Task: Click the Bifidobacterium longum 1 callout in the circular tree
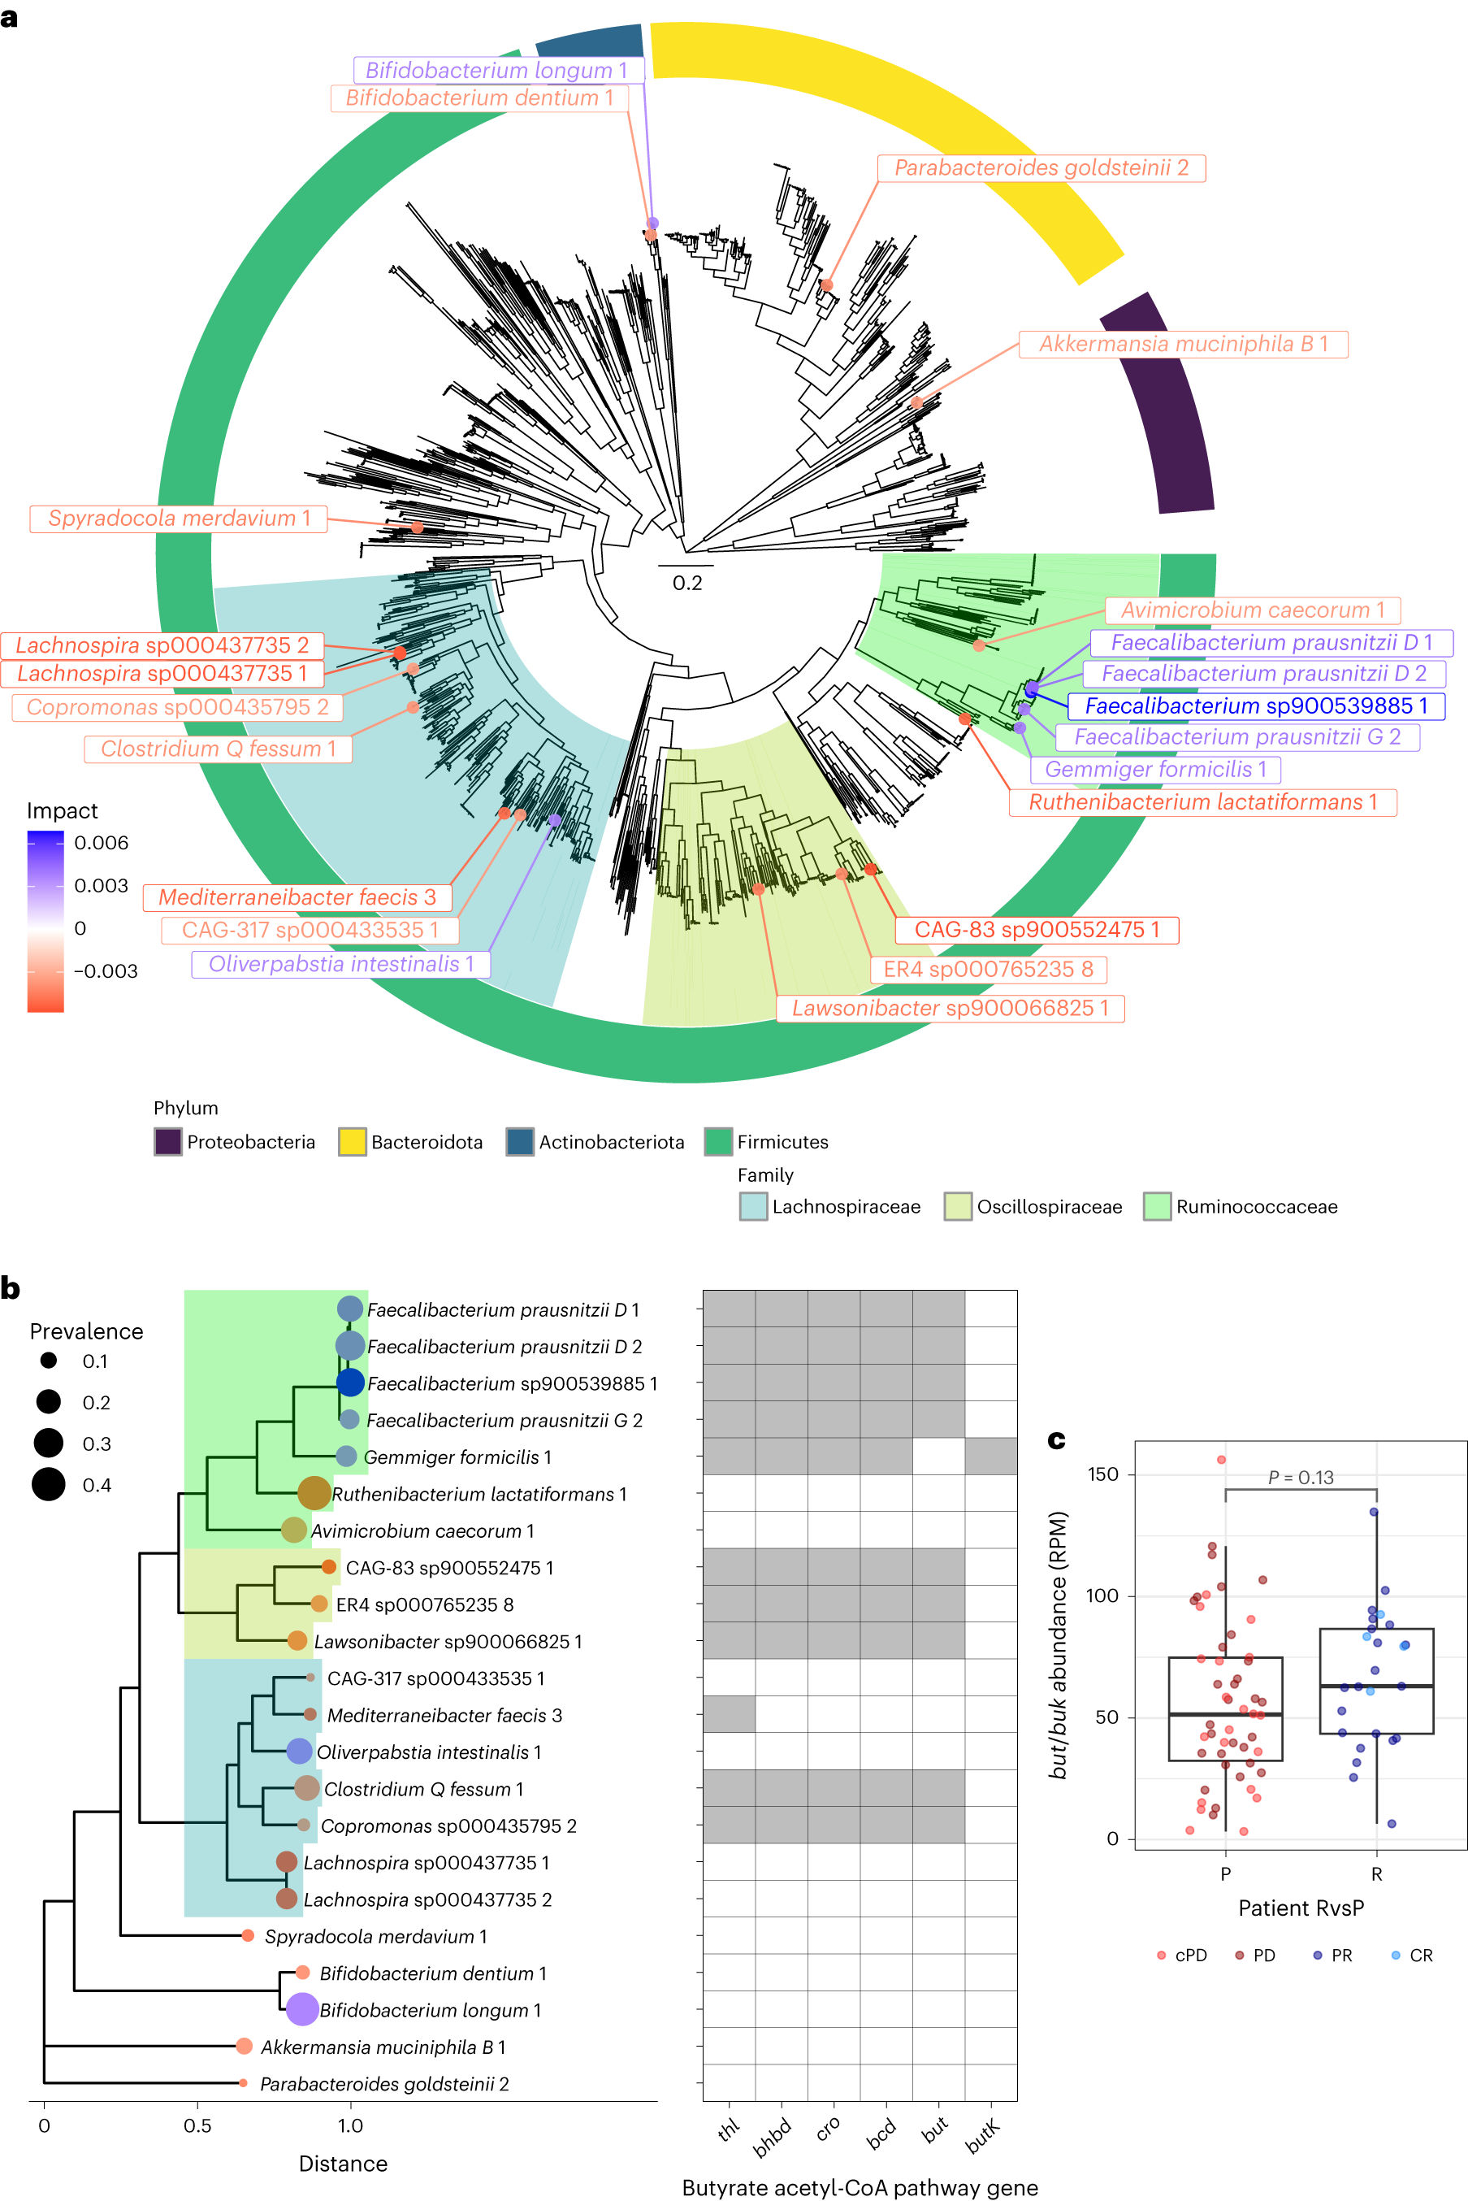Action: [x=497, y=70]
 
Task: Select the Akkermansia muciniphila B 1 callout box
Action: [x=1184, y=344]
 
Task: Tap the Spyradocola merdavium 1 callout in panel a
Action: [x=179, y=518]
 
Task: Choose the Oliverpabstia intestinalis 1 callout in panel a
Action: [x=340, y=964]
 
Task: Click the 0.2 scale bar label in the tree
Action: [x=687, y=583]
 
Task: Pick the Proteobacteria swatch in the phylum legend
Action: [x=167, y=1142]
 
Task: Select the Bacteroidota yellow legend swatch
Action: [x=352, y=1142]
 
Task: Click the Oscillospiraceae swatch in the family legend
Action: [x=958, y=1206]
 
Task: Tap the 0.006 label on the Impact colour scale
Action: [x=101, y=842]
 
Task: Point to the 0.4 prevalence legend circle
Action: [x=49, y=1484]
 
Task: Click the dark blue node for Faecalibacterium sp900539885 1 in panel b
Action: [x=350, y=1383]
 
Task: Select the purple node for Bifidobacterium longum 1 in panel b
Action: [x=302, y=2009]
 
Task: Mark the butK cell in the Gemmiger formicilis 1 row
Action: [x=990, y=1456]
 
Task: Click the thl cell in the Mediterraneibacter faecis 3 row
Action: [x=730, y=1714]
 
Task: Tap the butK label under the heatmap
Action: [x=983, y=2138]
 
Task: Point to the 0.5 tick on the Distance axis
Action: [x=197, y=2125]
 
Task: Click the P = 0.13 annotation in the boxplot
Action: [x=1301, y=1477]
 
